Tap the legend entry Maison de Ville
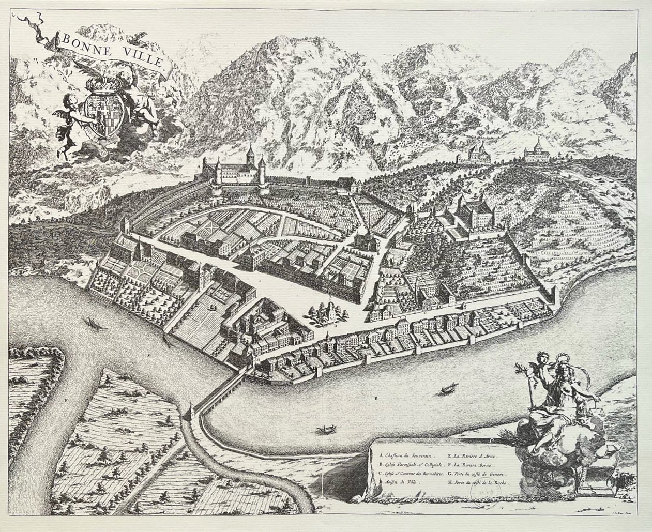point(401,482)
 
